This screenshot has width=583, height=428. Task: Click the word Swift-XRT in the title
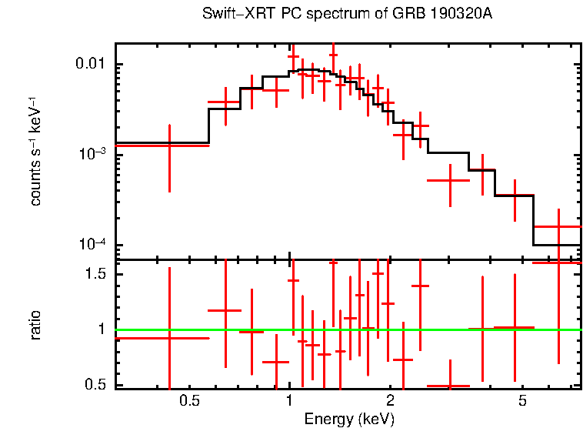click(228, 15)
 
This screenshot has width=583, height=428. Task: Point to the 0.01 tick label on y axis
click(92, 64)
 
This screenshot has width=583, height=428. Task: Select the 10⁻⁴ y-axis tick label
click(95, 245)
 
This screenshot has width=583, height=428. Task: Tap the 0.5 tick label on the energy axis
click(189, 401)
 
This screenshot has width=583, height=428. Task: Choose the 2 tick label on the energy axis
click(391, 401)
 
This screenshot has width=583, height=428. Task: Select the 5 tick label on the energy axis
click(522, 401)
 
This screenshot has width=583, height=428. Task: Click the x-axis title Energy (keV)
click(349, 419)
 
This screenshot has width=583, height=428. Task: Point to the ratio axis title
click(35, 325)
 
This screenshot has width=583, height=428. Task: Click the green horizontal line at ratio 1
click(346, 329)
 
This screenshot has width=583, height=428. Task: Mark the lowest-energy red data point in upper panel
click(169, 145)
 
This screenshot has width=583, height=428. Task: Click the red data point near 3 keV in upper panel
click(449, 180)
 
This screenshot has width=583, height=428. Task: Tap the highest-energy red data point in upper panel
click(558, 226)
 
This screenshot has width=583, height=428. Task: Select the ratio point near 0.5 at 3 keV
click(449, 386)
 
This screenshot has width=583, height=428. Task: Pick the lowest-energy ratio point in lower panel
click(169, 338)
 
